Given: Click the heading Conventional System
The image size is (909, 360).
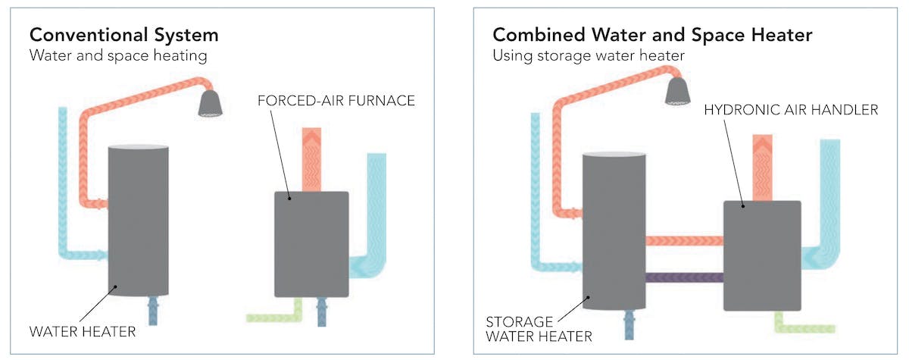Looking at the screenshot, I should click(x=123, y=35).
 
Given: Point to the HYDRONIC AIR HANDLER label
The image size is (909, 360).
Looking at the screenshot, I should click(x=792, y=110).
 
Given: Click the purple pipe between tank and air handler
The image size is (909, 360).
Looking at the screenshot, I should click(x=684, y=278).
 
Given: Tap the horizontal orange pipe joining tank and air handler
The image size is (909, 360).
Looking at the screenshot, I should click(x=684, y=241).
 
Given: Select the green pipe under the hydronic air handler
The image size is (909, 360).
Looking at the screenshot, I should click(x=802, y=326).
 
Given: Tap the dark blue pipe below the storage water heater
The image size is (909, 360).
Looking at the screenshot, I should click(x=628, y=326).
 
